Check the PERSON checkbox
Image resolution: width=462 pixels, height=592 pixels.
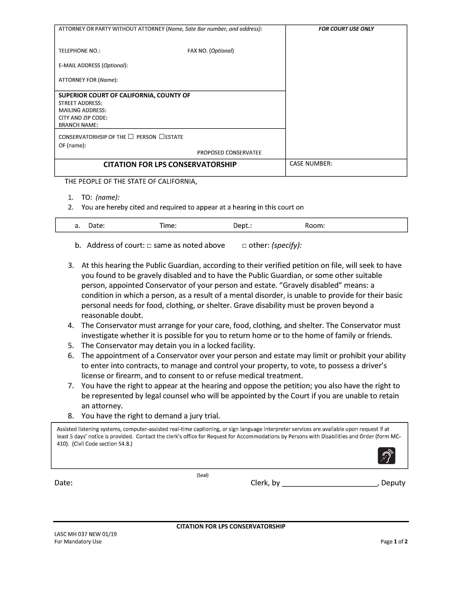click(x=131, y=137)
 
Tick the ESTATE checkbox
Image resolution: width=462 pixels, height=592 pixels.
click(x=162, y=137)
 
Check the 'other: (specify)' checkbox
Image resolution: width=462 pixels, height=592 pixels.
click(x=244, y=246)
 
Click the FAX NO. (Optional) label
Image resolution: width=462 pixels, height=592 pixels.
click(x=211, y=51)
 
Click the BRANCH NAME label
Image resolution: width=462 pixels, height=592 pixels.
click(x=78, y=125)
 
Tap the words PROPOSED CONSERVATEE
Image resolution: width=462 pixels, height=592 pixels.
click(x=229, y=153)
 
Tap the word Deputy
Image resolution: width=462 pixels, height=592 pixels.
click(x=393, y=483)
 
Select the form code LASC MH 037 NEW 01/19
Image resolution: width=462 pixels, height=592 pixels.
click(x=86, y=534)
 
